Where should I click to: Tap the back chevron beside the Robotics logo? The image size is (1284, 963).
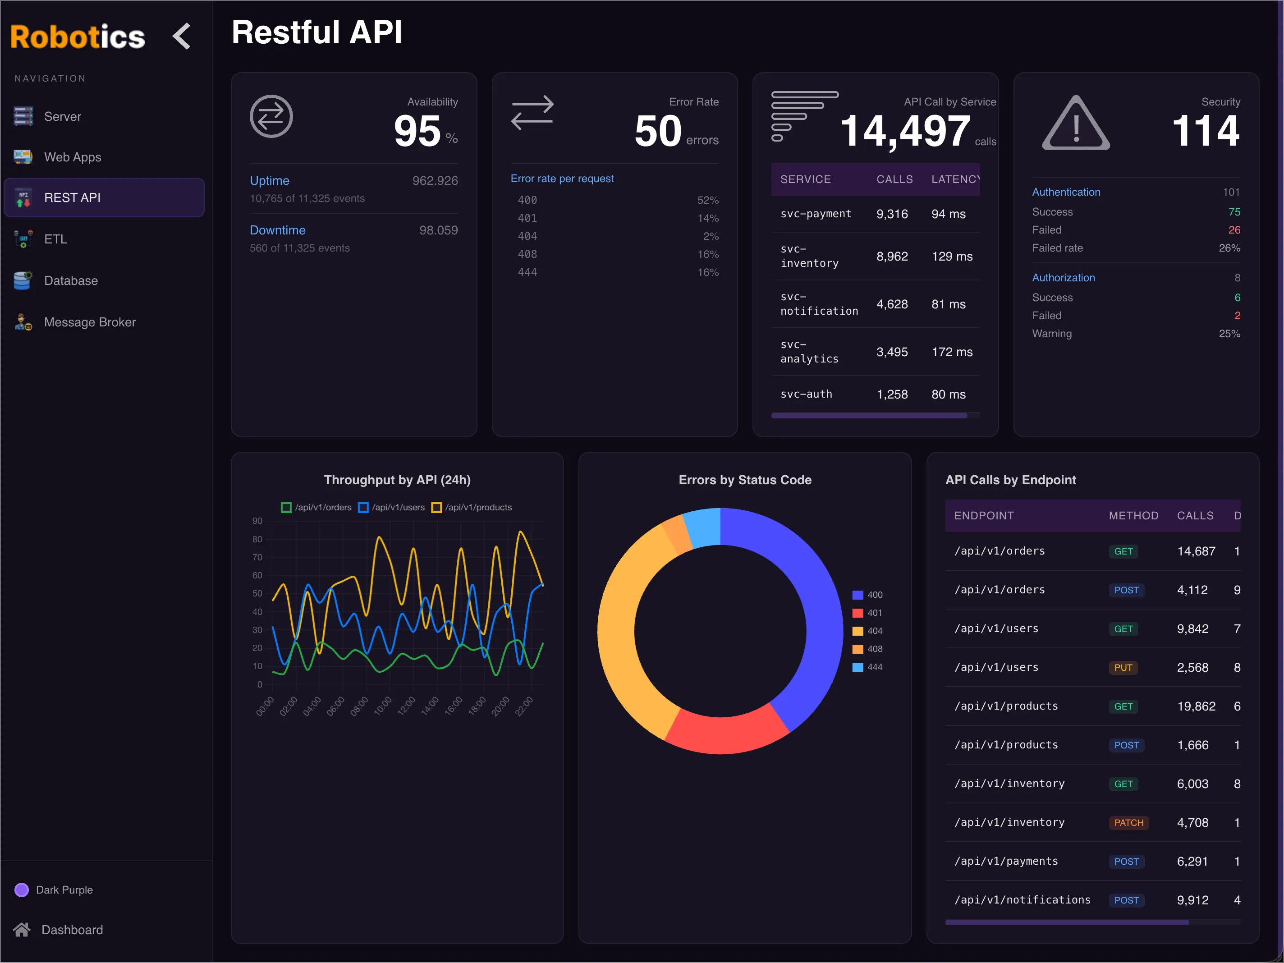[x=182, y=36]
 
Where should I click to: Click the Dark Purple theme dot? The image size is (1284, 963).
[x=22, y=890]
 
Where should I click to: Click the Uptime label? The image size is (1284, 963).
[x=269, y=180]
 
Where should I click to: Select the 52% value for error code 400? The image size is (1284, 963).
[x=707, y=200]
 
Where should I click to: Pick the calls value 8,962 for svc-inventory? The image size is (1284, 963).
[x=892, y=257]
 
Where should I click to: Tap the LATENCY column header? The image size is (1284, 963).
[x=955, y=179]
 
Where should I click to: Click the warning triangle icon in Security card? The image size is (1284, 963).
[x=1076, y=124]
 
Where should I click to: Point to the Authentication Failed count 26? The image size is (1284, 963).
[x=1234, y=230]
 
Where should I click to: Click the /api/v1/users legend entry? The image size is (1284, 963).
[x=392, y=507]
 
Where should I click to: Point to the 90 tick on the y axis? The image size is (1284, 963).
[x=257, y=521]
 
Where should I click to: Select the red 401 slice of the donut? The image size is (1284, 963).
[x=725, y=734]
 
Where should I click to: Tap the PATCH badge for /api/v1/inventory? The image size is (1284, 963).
[x=1128, y=822]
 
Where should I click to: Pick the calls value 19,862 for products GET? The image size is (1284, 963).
[x=1196, y=706]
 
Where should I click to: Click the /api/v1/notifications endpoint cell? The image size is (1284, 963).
[x=1022, y=900]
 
